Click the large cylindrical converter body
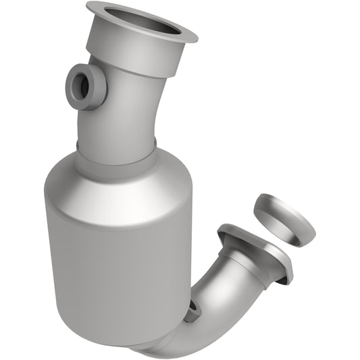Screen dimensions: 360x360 (115, 257)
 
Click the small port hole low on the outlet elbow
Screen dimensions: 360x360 (194, 308)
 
